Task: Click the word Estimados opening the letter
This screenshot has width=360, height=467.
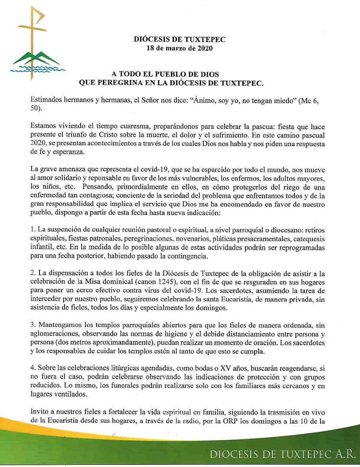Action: click(x=49, y=101)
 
